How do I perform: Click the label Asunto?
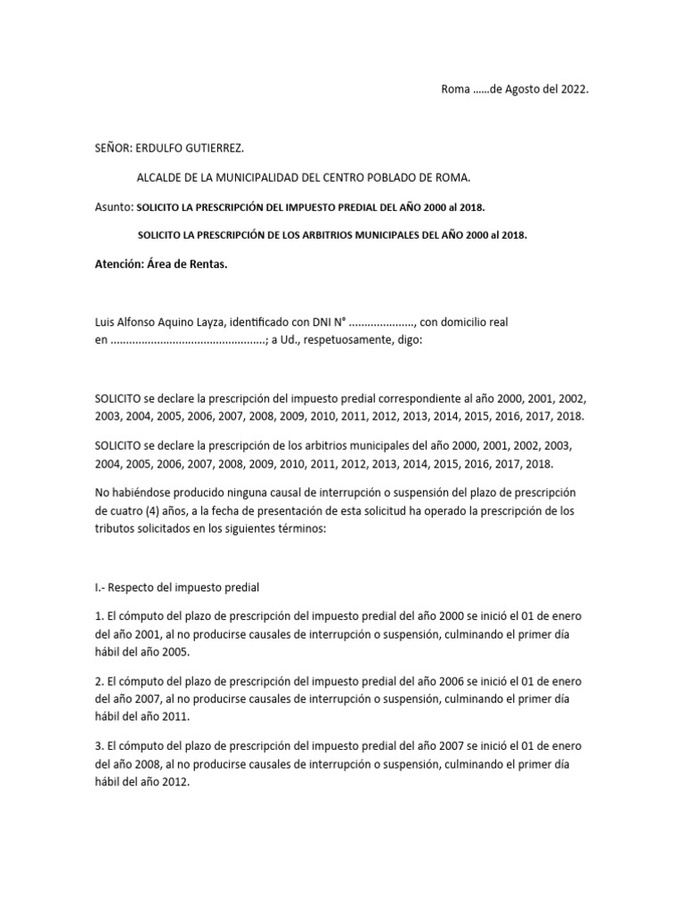click(x=113, y=207)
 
